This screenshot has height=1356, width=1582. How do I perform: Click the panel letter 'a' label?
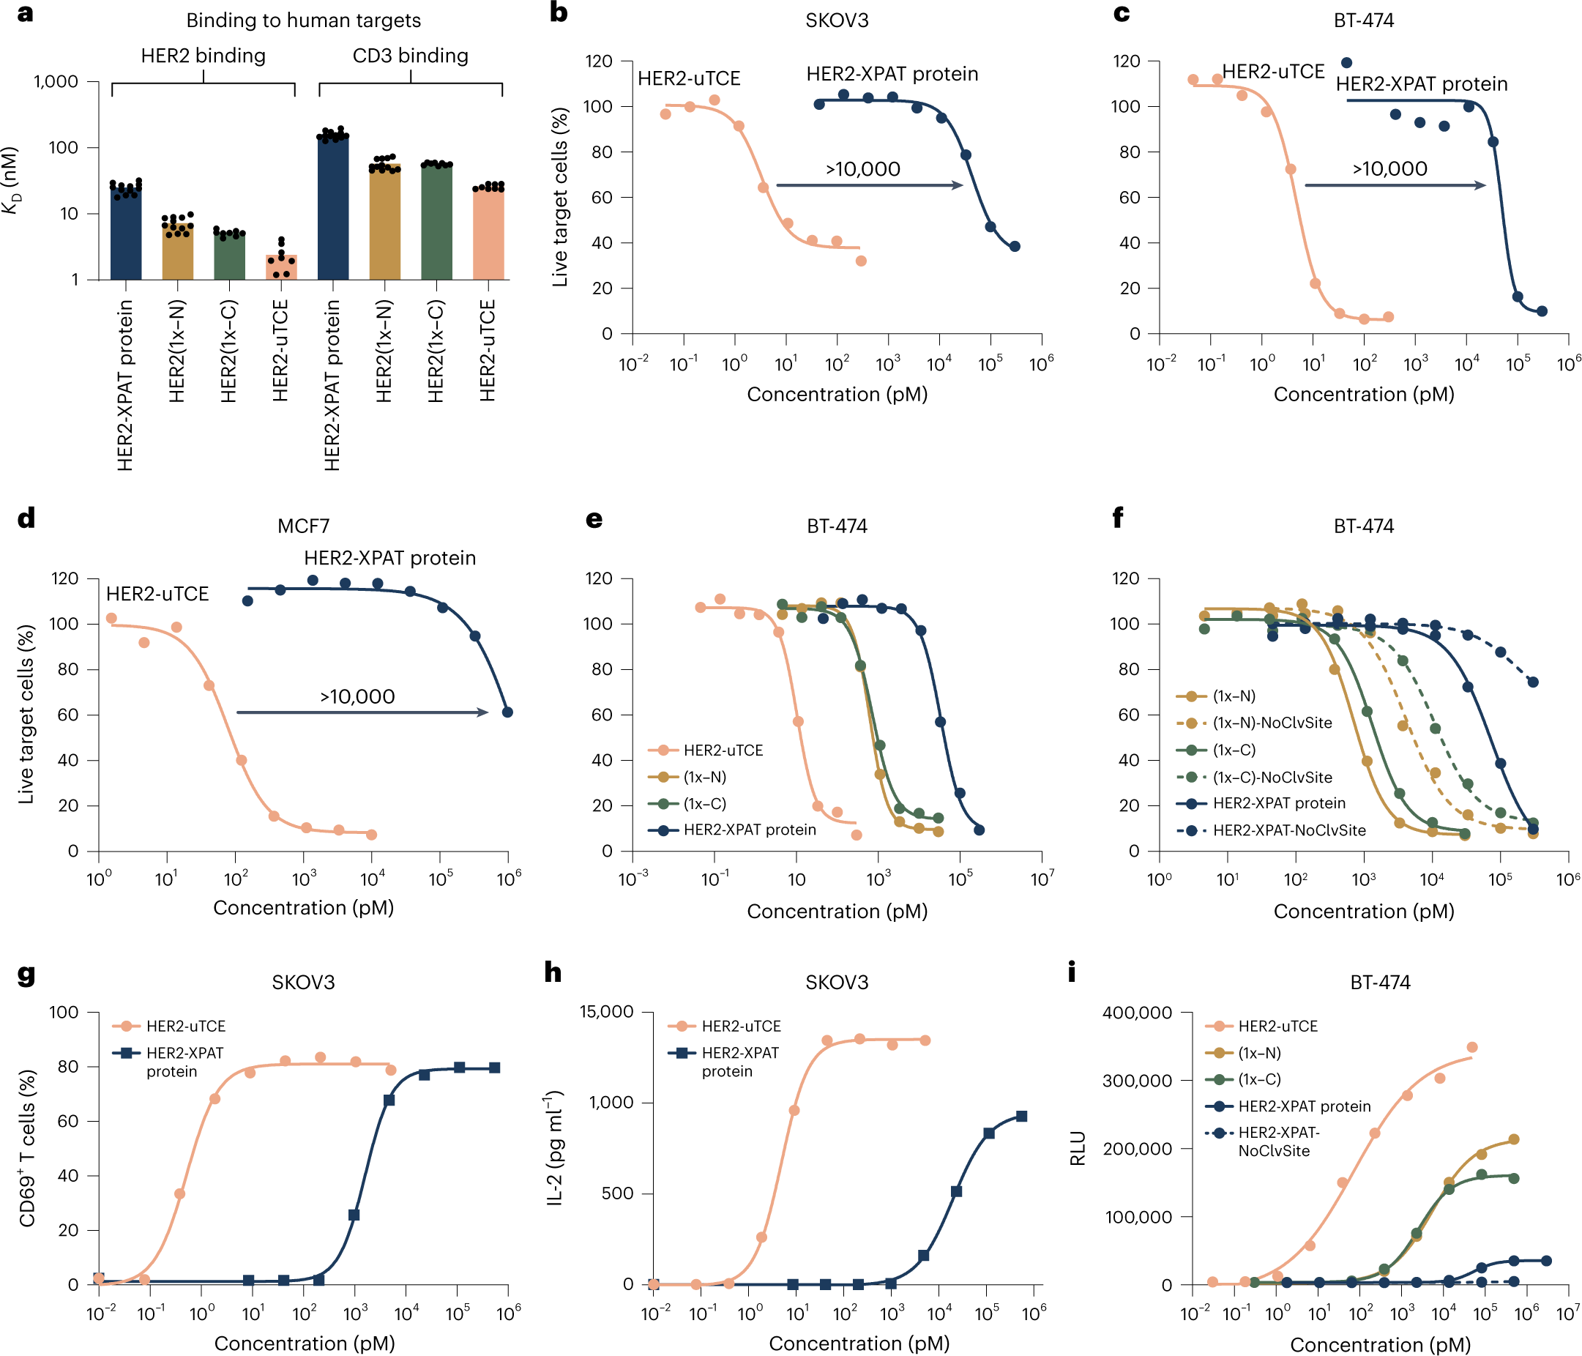pyautogui.click(x=25, y=14)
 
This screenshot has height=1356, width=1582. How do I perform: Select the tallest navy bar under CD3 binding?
pyautogui.click(x=333, y=206)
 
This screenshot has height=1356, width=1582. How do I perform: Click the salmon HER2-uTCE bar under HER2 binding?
pyautogui.click(x=281, y=267)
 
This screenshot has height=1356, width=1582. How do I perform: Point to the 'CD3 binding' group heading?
pyautogui.click(x=410, y=56)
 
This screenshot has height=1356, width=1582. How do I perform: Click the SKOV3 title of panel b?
pyautogui.click(x=837, y=21)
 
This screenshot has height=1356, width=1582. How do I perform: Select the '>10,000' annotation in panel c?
pyautogui.click(x=1389, y=168)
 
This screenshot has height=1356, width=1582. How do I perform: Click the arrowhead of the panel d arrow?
pyautogui.click(x=482, y=712)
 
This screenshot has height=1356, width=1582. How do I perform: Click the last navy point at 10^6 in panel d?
pyautogui.click(x=507, y=712)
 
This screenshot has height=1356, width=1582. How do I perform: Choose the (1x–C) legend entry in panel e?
pyautogui.click(x=704, y=804)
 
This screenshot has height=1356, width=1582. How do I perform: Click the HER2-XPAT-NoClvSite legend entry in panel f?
pyautogui.click(x=1289, y=831)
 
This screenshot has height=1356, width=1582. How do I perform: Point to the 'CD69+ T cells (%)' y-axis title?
pyautogui.click(x=28, y=1148)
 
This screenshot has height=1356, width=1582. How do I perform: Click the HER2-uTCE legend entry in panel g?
pyautogui.click(x=185, y=1027)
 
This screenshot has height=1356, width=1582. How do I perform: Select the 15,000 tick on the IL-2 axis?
pyautogui.click(x=606, y=1013)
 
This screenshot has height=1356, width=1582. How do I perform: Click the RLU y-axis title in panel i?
pyautogui.click(x=1078, y=1148)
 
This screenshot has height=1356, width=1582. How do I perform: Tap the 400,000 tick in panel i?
pyautogui.click(x=1137, y=1013)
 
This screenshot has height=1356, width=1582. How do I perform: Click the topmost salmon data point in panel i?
pyautogui.click(x=1472, y=1048)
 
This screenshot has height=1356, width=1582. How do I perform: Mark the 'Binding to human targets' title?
pyautogui.click(x=303, y=21)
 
